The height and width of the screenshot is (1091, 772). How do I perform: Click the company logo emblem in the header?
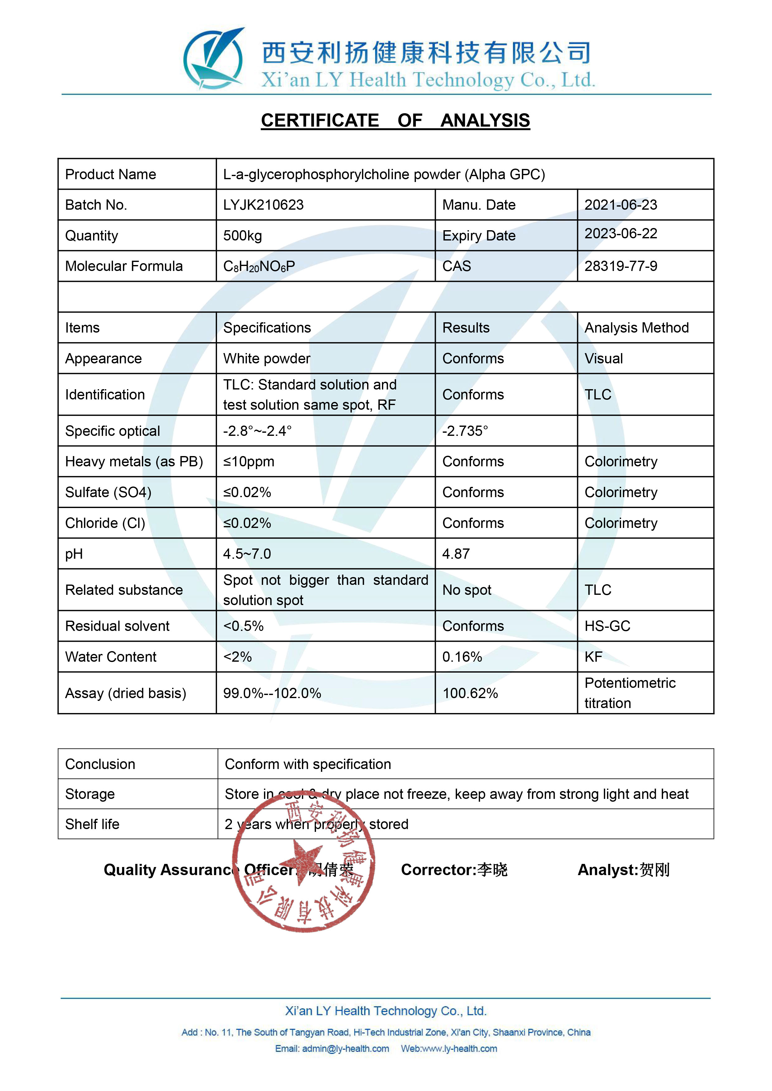[214, 59]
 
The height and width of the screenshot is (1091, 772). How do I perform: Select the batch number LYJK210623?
[263, 205]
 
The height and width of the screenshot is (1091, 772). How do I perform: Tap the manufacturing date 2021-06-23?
[620, 205]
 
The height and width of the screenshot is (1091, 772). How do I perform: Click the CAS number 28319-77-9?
[620, 266]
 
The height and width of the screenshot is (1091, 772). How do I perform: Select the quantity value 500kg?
[242, 236]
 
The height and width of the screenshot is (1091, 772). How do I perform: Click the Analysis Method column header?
[636, 328]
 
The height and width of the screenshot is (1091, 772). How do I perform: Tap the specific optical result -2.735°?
[465, 431]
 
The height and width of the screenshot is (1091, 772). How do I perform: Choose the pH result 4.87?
[456, 553]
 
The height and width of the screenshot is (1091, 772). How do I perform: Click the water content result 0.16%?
[462, 657]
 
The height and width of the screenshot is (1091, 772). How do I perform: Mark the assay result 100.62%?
[470, 693]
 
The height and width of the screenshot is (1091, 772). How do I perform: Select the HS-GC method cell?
[607, 626]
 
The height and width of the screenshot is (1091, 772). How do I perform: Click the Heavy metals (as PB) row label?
[134, 461]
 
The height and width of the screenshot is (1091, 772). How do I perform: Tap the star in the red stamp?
[301, 861]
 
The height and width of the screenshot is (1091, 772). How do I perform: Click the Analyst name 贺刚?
[655, 870]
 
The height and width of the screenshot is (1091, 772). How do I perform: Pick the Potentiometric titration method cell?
[630, 693]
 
